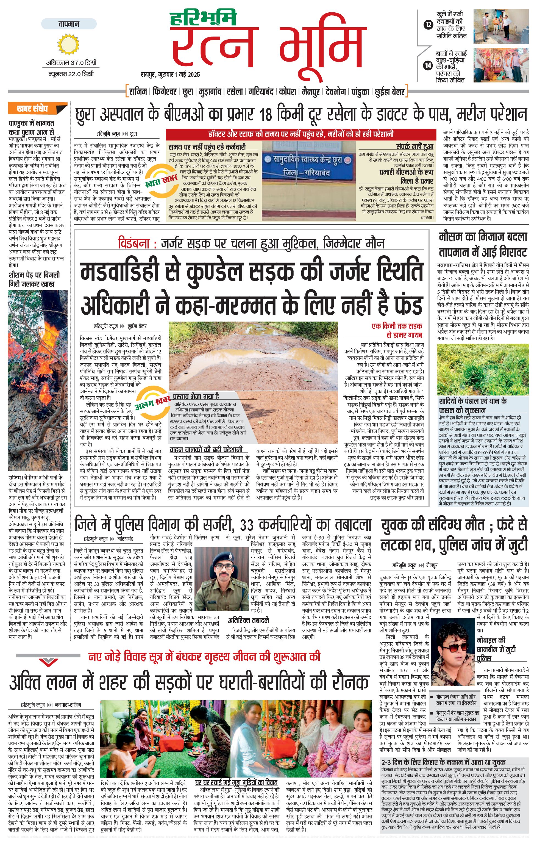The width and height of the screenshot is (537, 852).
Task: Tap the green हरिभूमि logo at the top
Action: click(x=203, y=19)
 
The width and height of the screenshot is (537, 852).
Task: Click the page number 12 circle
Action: click(x=428, y=25)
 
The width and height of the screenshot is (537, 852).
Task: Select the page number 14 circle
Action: click(x=428, y=65)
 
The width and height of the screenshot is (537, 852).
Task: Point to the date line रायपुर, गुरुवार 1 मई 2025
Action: click(x=170, y=74)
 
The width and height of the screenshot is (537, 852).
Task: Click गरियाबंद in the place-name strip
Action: click(x=261, y=92)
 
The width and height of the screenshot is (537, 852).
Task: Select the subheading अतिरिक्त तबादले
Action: click(x=248, y=620)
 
